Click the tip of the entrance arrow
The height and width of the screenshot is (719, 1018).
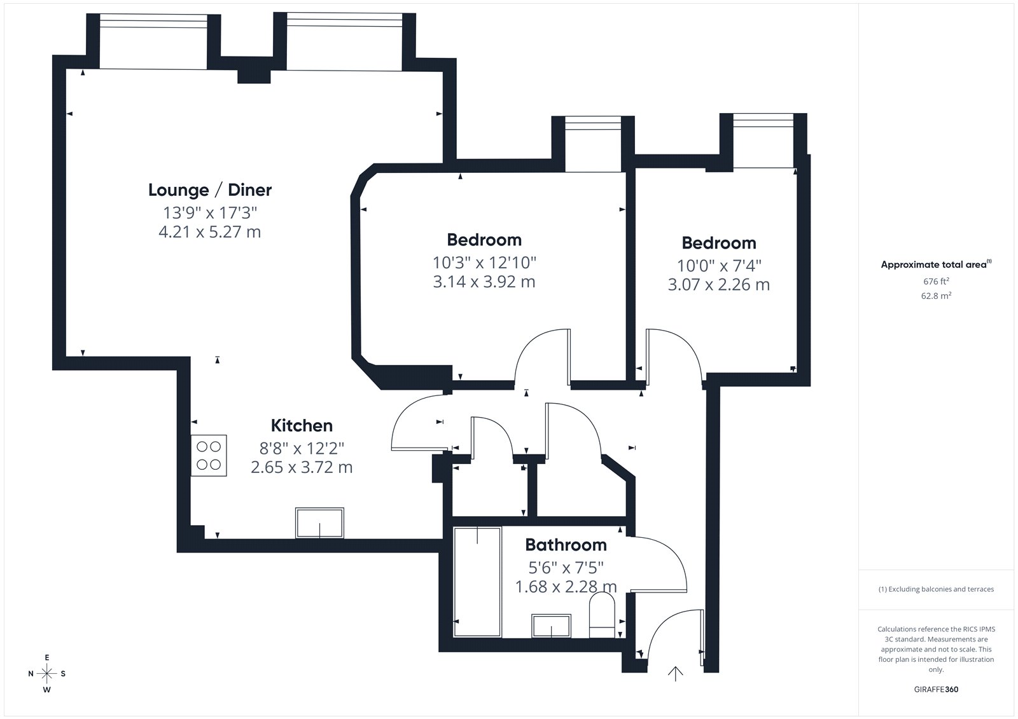(x=675, y=667)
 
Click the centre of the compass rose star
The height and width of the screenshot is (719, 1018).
(x=47, y=673)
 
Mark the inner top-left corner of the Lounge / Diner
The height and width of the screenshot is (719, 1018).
(x=66, y=69)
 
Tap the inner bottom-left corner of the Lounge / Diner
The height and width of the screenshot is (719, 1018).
(x=66, y=357)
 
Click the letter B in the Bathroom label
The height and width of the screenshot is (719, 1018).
(x=531, y=545)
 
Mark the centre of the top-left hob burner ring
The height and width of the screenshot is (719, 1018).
(x=202, y=446)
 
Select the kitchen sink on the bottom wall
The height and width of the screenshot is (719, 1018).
(x=319, y=523)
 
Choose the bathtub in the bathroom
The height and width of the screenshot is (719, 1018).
(x=477, y=582)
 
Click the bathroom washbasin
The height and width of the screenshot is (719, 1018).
(x=551, y=626)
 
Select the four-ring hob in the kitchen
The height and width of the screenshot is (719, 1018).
(x=209, y=456)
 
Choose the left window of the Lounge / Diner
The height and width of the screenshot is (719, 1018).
(x=153, y=41)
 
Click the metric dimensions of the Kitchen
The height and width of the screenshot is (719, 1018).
(x=302, y=467)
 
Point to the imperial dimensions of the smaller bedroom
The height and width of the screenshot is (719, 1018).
(x=719, y=266)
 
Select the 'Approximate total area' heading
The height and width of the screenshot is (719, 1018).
(x=936, y=264)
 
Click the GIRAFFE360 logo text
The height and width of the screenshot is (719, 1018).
(x=936, y=689)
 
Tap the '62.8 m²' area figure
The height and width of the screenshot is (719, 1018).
(x=936, y=296)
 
